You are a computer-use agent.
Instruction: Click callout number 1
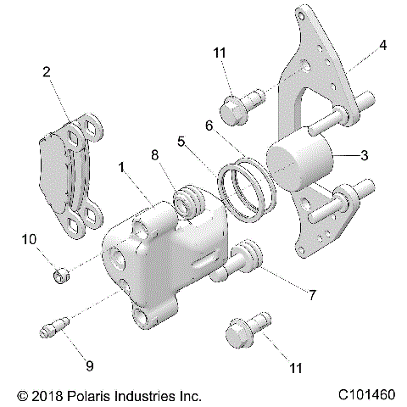click(123, 170)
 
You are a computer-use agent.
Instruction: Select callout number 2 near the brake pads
click(46, 72)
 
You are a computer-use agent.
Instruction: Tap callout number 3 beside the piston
click(363, 155)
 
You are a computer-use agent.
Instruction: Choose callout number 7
click(312, 296)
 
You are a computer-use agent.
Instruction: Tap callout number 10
click(30, 240)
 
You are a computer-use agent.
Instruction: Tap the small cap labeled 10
click(59, 275)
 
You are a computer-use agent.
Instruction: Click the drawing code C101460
click(366, 395)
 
